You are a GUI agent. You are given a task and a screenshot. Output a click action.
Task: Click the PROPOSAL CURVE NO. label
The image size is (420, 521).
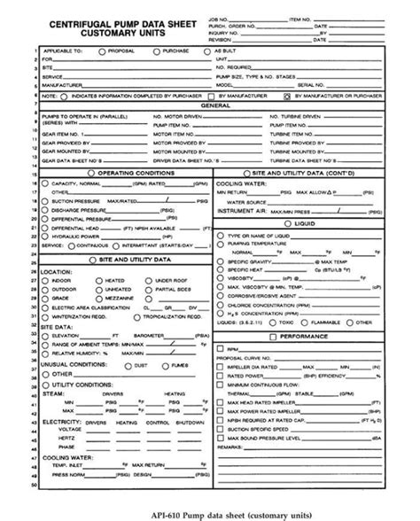pyautogui.click(x=258, y=358)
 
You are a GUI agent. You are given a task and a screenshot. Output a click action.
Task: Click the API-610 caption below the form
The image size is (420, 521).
pyautogui.click(x=173, y=513)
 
